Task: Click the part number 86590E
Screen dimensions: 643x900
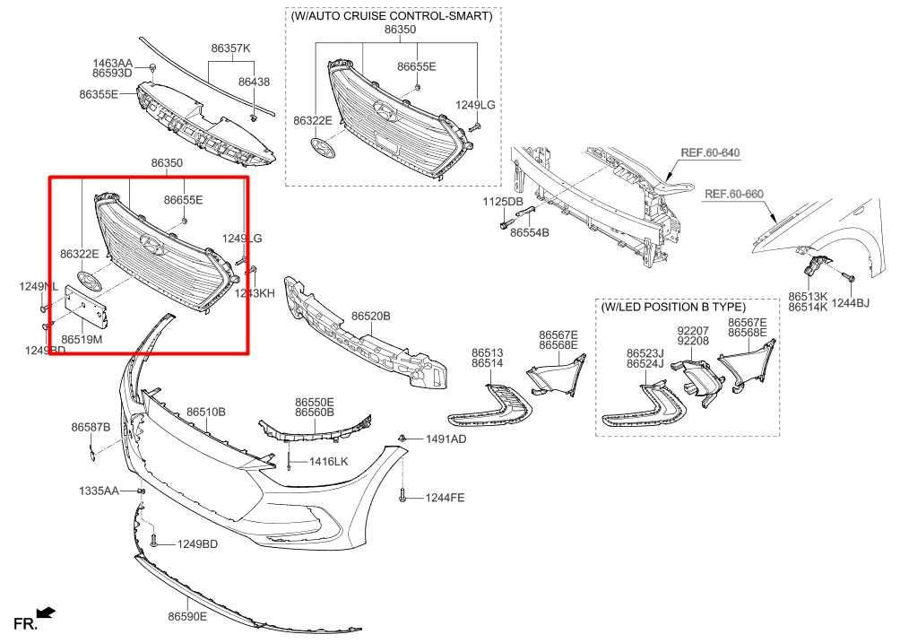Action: [x=186, y=616]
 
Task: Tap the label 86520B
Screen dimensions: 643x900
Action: [x=370, y=317]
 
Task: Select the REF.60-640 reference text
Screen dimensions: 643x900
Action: [x=710, y=152]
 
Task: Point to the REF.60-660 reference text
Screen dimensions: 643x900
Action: [x=733, y=194]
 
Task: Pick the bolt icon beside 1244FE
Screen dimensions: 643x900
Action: [x=403, y=495]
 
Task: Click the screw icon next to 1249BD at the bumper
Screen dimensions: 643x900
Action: [x=155, y=541]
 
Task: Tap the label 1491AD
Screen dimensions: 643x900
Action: [x=446, y=439]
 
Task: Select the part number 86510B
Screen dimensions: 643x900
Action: [x=206, y=412]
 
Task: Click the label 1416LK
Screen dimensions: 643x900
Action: [x=328, y=461]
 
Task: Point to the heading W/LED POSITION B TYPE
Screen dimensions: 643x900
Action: [x=673, y=307]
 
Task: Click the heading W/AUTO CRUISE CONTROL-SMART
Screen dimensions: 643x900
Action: [x=392, y=16]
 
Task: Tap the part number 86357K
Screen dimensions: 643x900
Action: [x=230, y=48]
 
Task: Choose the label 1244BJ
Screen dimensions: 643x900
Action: [x=850, y=304]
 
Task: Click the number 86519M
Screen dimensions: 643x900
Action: [x=82, y=340]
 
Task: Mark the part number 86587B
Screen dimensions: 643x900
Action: [x=91, y=427]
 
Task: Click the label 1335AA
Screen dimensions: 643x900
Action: [x=100, y=491]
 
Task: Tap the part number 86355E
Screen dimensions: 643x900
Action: [x=99, y=93]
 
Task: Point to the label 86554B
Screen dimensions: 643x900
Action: [x=529, y=232]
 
